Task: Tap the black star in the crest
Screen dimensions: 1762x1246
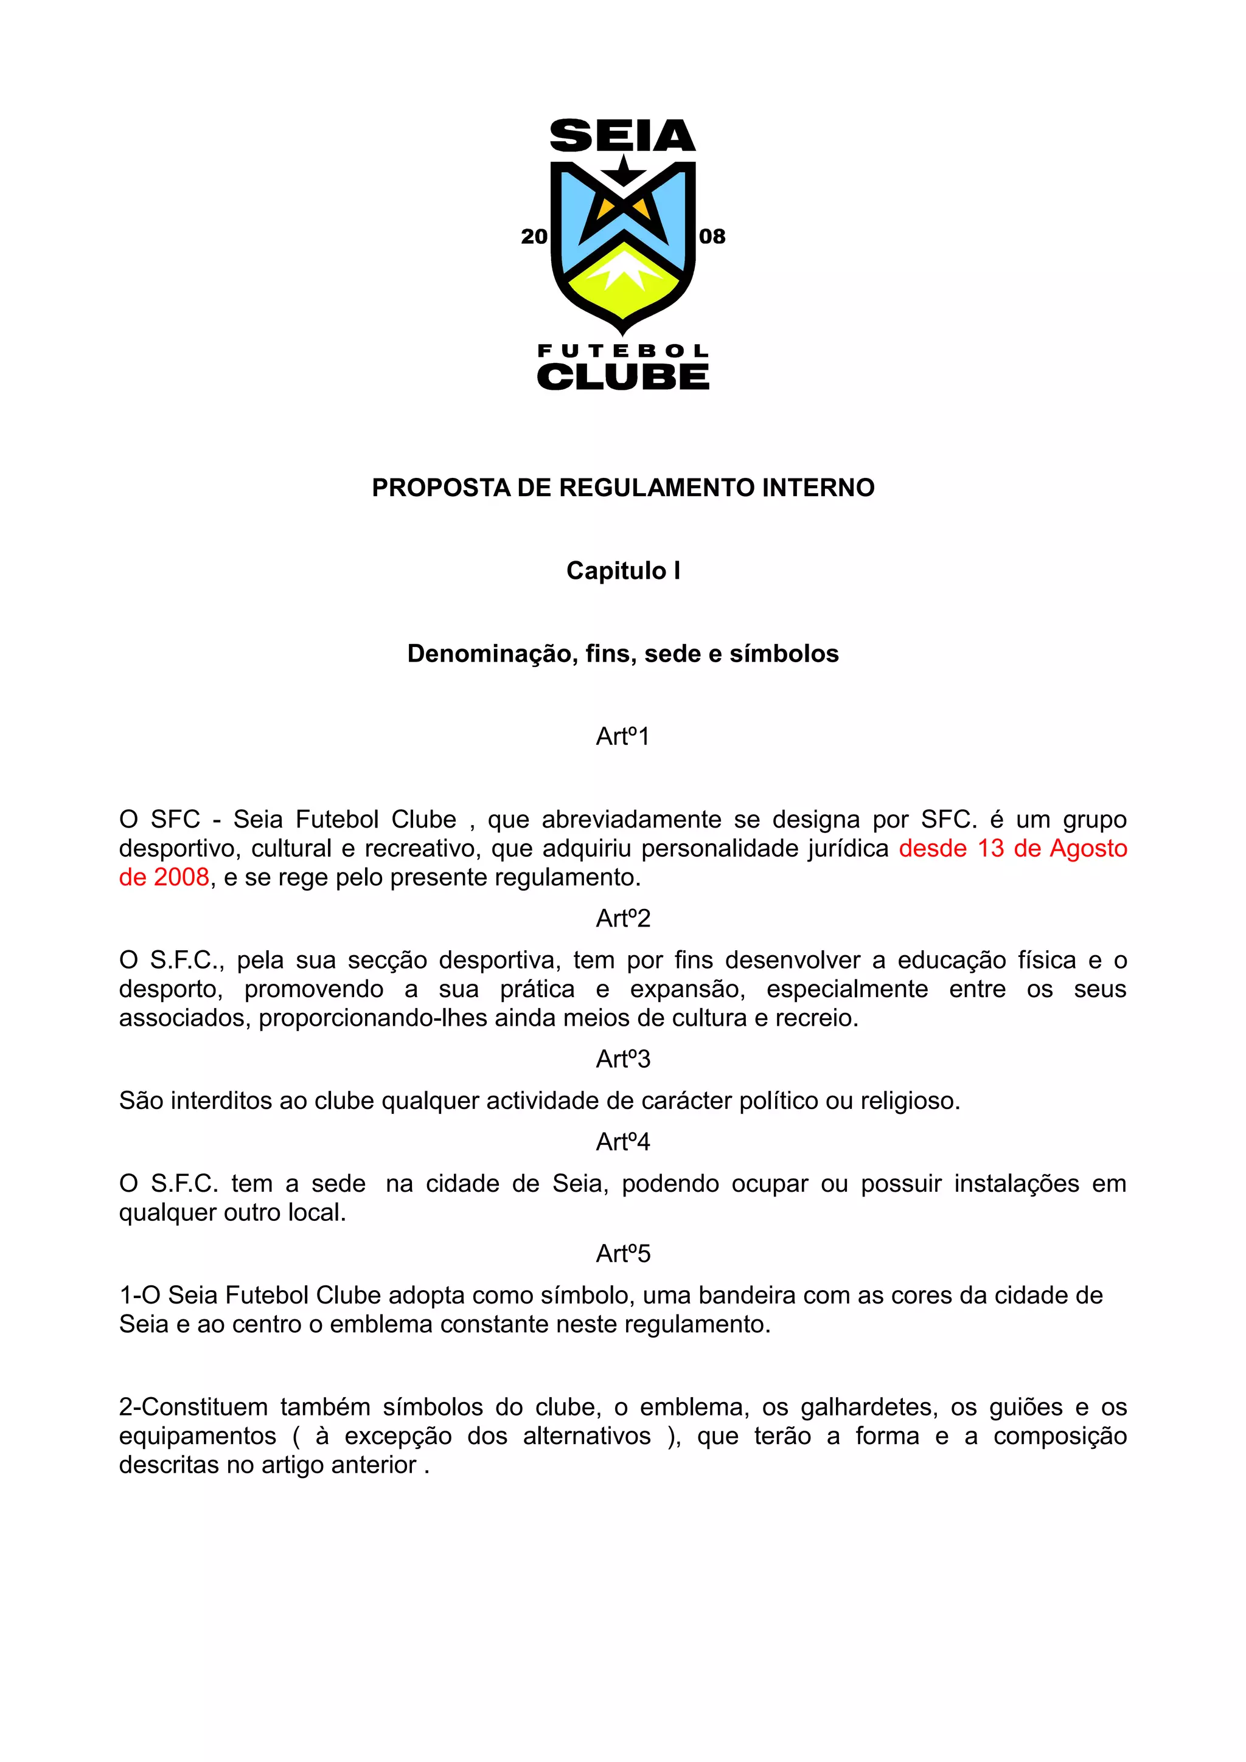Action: (x=624, y=170)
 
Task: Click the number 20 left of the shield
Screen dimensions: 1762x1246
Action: (x=534, y=237)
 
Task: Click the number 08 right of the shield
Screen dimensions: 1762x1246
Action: (x=712, y=237)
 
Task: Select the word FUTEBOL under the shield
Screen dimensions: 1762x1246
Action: (x=622, y=351)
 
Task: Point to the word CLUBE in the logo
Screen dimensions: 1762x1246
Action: (x=622, y=377)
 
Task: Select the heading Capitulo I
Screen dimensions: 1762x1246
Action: (x=622, y=571)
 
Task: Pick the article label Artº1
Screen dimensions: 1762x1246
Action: (x=622, y=737)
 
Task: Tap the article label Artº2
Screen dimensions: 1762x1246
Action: (x=622, y=919)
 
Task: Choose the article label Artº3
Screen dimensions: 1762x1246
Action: (x=622, y=1060)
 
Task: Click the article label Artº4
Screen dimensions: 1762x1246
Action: (x=622, y=1142)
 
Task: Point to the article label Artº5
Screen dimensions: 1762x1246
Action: (x=622, y=1254)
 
